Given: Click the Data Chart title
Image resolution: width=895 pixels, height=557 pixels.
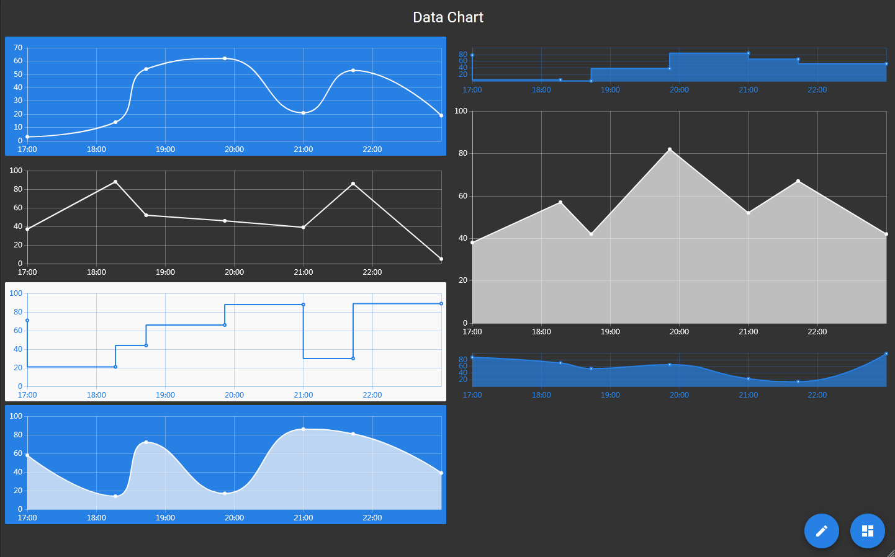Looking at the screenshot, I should tap(447, 17).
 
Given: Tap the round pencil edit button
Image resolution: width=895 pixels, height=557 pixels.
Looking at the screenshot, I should tap(821, 531).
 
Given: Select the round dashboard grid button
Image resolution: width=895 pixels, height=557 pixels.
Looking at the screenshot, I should tap(867, 531).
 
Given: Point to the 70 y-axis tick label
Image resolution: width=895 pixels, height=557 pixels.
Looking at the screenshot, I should tap(18, 48).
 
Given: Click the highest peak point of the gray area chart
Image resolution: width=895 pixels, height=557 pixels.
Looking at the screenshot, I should tap(670, 149).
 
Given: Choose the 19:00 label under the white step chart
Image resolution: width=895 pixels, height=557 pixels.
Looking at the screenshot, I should tap(165, 395).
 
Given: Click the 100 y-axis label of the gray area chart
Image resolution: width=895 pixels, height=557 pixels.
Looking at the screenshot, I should tap(461, 111).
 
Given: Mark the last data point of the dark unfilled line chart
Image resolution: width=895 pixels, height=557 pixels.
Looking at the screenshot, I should tap(441, 259).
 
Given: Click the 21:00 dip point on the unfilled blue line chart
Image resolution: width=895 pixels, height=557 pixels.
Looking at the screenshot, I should tap(303, 113).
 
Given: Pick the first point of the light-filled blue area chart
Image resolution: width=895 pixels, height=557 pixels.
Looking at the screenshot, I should tap(27, 455).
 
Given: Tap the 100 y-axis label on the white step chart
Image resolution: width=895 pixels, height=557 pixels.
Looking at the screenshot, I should tap(16, 293).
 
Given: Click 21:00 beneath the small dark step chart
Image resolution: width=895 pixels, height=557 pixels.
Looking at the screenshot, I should tap(748, 90).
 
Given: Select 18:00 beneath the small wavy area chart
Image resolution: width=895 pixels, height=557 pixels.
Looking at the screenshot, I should tap(541, 395).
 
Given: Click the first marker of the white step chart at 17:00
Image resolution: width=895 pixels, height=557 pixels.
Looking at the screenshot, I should tap(27, 321).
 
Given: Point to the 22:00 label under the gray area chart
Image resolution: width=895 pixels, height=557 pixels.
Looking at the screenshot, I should tap(817, 332).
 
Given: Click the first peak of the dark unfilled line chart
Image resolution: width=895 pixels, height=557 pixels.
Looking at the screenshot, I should tap(115, 182).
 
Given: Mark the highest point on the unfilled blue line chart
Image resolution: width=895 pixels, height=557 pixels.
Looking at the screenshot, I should tap(225, 58).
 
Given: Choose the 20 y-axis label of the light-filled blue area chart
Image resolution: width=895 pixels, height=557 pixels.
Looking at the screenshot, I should tap(18, 491).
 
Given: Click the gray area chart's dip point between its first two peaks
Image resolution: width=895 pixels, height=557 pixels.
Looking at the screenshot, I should tap(591, 234).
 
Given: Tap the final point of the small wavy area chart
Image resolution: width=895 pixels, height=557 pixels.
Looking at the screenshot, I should tap(886, 354).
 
